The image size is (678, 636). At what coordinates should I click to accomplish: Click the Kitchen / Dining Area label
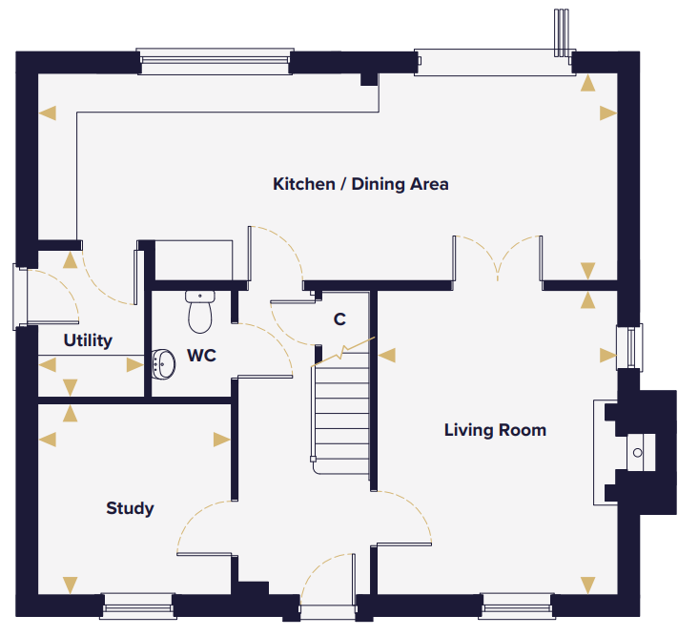click(x=360, y=184)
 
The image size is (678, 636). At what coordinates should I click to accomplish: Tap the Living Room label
click(x=495, y=430)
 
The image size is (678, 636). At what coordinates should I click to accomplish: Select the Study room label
click(x=130, y=509)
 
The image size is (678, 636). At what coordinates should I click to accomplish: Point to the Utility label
click(x=88, y=340)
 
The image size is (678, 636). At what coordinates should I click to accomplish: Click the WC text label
click(x=201, y=356)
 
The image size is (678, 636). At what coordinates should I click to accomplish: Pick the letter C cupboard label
click(x=339, y=319)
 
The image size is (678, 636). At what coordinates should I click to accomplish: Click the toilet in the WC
click(x=200, y=311)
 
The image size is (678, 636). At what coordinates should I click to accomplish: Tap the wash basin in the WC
click(x=163, y=364)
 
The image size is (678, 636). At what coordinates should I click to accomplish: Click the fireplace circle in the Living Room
click(x=637, y=453)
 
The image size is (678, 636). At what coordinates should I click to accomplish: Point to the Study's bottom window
click(x=138, y=606)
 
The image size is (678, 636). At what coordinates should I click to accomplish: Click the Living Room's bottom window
click(x=517, y=606)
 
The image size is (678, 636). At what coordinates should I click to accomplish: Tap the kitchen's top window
click(x=215, y=61)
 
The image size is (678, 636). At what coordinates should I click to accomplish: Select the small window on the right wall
click(x=629, y=347)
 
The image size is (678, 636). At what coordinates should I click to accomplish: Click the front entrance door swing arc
click(x=324, y=567)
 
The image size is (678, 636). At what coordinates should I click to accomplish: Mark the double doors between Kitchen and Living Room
click(x=498, y=258)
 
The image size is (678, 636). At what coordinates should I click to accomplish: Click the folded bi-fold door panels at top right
click(x=562, y=32)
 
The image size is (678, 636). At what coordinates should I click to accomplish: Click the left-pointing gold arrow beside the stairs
click(x=387, y=356)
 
